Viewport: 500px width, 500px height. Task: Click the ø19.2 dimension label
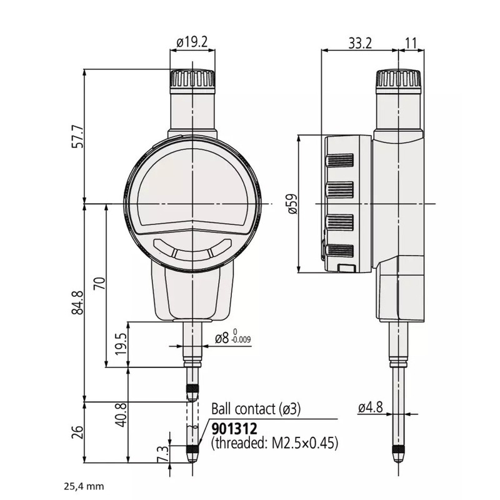192,42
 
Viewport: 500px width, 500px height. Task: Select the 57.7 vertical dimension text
77,136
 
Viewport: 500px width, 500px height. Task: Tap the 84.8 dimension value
77,302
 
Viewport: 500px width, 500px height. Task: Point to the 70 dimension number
99,284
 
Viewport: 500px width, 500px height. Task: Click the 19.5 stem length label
122,345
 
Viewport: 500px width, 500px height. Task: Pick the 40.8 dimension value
122,415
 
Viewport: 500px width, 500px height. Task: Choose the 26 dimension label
77,432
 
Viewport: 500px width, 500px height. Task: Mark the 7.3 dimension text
162,454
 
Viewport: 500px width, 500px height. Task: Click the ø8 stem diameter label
222,338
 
